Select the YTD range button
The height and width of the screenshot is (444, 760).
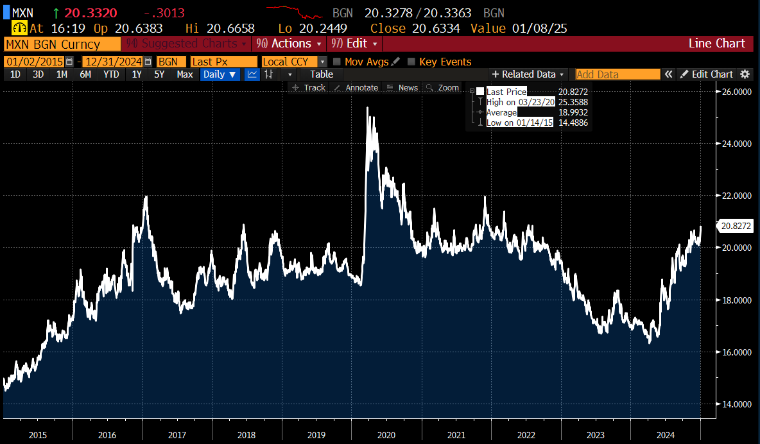[x=111, y=74]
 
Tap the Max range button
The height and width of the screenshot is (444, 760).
[x=185, y=74]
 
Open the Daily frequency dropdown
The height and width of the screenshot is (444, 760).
[x=220, y=74]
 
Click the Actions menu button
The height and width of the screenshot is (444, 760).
[x=290, y=44]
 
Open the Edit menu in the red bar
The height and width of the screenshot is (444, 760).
[x=356, y=44]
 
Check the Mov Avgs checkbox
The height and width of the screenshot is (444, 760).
[x=337, y=62]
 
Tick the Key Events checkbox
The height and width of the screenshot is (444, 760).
[x=411, y=62]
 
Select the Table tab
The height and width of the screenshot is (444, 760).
[x=322, y=74]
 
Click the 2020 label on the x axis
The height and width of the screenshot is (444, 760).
[x=386, y=435]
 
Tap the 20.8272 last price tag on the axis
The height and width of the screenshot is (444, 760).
[x=736, y=226]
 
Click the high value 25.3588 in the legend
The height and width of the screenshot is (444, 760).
[x=573, y=102]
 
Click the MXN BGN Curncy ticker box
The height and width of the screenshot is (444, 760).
[x=62, y=44]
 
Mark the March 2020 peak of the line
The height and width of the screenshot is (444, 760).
[x=367, y=108]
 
